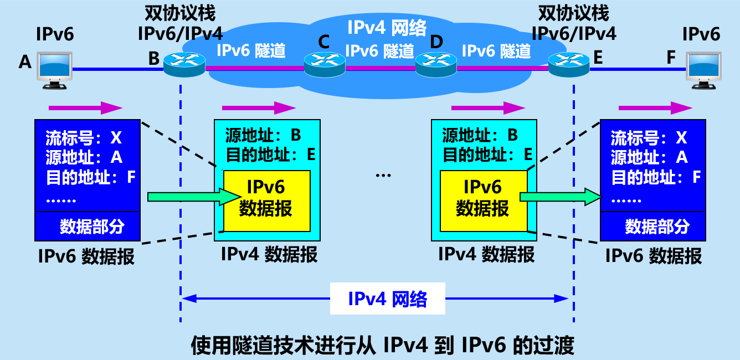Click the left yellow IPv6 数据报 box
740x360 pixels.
click(x=266, y=200)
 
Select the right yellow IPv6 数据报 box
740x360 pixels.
click(x=482, y=200)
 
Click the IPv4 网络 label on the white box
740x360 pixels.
click(x=388, y=299)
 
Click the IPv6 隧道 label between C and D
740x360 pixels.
click(x=380, y=51)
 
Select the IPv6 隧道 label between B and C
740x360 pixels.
click(x=251, y=51)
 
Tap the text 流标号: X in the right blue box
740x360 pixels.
click(x=649, y=137)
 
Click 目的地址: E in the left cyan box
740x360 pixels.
click(x=270, y=155)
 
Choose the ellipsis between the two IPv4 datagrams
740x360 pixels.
click(x=383, y=176)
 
